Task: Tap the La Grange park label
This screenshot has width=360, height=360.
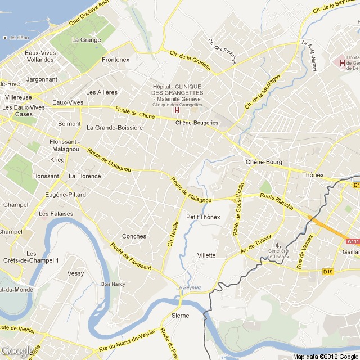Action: (x=86, y=40)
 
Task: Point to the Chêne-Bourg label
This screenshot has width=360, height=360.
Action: (x=264, y=162)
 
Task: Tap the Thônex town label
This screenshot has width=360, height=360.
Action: (x=313, y=175)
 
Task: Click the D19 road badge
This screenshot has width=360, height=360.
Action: (x=328, y=272)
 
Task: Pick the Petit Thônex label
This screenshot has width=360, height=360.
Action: (x=203, y=217)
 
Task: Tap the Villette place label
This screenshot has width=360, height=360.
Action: (x=206, y=255)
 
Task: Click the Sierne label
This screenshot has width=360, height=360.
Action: (x=180, y=316)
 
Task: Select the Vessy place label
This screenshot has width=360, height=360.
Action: (x=75, y=273)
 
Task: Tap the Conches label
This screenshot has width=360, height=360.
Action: (x=134, y=236)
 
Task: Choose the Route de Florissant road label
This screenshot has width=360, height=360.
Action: (x=131, y=257)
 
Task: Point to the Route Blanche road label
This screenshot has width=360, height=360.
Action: (x=276, y=201)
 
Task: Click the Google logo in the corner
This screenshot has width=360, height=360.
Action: (x=17, y=352)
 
